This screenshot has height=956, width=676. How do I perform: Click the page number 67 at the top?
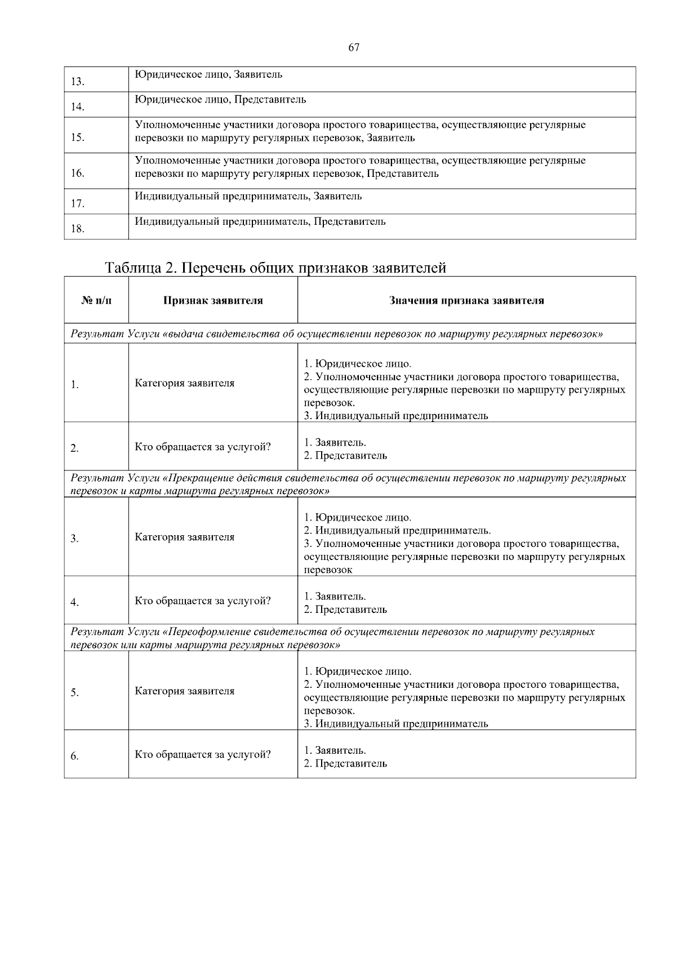click(354, 48)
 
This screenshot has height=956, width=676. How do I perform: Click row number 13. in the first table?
click(78, 82)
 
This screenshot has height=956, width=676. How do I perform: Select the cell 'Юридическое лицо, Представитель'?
click(220, 100)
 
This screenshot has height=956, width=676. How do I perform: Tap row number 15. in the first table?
click(78, 137)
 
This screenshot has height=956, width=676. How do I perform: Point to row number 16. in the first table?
click(78, 174)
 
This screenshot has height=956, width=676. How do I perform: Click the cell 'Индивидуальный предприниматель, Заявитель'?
click(248, 197)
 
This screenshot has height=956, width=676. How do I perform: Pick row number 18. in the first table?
click(78, 229)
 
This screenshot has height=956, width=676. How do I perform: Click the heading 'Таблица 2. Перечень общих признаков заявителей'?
click(275, 268)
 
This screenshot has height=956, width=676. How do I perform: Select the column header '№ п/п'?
click(96, 301)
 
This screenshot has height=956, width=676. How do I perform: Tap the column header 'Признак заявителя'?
click(213, 301)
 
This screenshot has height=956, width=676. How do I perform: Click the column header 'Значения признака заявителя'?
click(466, 301)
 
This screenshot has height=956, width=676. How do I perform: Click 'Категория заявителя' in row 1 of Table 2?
click(184, 383)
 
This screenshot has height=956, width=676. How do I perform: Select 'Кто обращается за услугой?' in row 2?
click(202, 447)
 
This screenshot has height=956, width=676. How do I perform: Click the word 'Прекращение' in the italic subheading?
click(197, 478)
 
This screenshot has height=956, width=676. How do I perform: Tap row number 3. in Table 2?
click(74, 539)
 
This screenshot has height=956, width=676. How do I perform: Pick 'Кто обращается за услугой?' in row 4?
click(202, 601)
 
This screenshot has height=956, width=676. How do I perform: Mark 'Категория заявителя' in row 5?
click(184, 691)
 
